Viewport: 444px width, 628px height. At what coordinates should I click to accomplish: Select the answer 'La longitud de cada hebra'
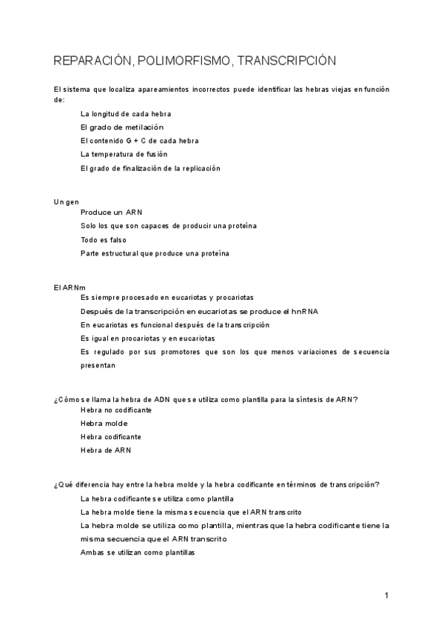click(126, 114)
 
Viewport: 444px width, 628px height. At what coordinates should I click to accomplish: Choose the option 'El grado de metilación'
click(121, 127)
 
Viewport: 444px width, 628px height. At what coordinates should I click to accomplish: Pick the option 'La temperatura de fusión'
click(124, 154)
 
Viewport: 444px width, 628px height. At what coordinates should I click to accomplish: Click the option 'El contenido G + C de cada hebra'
click(139, 141)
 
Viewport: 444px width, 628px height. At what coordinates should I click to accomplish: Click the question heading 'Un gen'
click(67, 201)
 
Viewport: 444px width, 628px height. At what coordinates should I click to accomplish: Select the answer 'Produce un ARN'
click(112, 213)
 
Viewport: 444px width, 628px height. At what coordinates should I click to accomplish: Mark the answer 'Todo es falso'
click(104, 240)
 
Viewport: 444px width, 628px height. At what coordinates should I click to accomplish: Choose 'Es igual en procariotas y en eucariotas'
click(147, 338)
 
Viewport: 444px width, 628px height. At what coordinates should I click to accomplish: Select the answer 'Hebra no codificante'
click(116, 410)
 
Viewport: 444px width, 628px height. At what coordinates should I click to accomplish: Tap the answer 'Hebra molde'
click(104, 424)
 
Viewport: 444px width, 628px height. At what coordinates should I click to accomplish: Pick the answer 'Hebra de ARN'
click(106, 450)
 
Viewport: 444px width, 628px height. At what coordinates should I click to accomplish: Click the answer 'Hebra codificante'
click(111, 437)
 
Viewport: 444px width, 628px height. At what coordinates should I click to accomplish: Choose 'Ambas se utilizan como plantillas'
click(137, 552)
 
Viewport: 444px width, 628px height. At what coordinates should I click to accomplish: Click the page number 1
click(386, 595)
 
